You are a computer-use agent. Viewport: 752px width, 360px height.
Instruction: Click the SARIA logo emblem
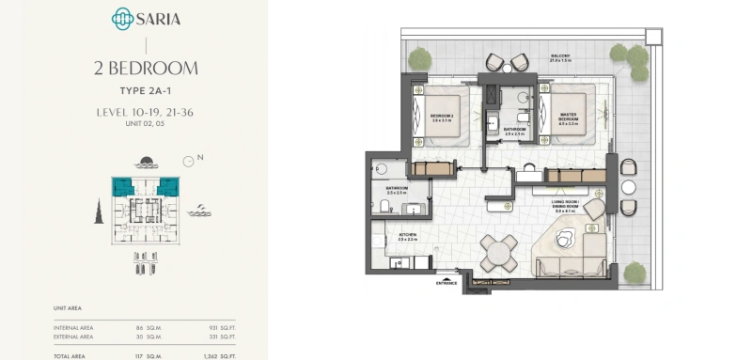pos(122,19)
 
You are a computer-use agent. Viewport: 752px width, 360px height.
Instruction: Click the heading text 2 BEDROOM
pos(146,68)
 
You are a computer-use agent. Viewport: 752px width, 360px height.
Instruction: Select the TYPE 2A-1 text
pos(146,93)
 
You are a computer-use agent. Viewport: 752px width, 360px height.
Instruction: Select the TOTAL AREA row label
pos(71,355)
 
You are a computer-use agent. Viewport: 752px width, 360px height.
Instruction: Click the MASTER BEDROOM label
pos(567,118)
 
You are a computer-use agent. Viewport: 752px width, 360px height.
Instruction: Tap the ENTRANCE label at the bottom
pos(446,282)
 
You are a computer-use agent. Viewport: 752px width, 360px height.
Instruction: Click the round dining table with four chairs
pos(498,252)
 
